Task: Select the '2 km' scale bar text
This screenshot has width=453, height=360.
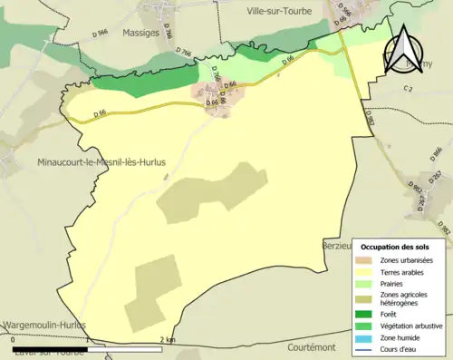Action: pos(167,340)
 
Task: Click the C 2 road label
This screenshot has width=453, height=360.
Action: pos(407,89)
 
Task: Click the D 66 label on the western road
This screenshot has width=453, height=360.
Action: pos(101,113)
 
